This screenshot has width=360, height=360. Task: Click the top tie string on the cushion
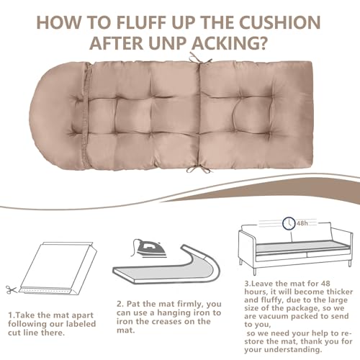coord(199,58)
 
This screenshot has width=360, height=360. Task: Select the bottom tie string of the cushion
coord(198,169)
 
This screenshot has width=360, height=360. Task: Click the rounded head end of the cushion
coord(56,114)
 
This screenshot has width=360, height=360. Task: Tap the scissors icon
coord(12,290)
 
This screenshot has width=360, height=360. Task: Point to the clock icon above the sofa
coord(289,223)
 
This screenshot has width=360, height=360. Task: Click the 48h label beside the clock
coord(302,223)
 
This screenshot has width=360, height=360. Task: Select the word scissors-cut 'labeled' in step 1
coord(81,324)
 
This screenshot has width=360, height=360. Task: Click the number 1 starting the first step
coord(11,315)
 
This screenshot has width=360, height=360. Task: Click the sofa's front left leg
coord(254,271)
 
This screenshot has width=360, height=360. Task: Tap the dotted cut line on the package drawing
coord(45,291)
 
